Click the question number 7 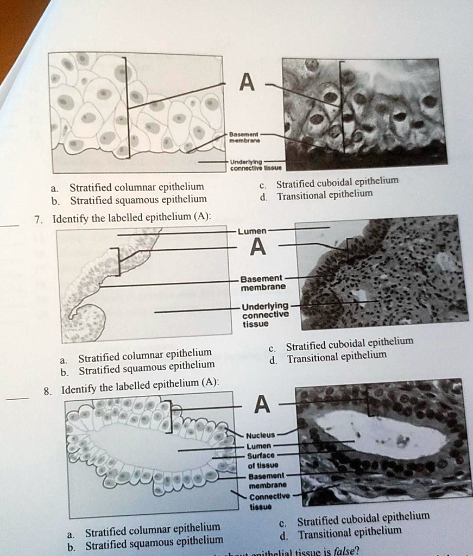click(x=37, y=219)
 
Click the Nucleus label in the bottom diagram click(x=261, y=435)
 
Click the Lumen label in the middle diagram click(x=250, y=231)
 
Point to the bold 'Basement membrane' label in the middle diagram click(x=263, y=282)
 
